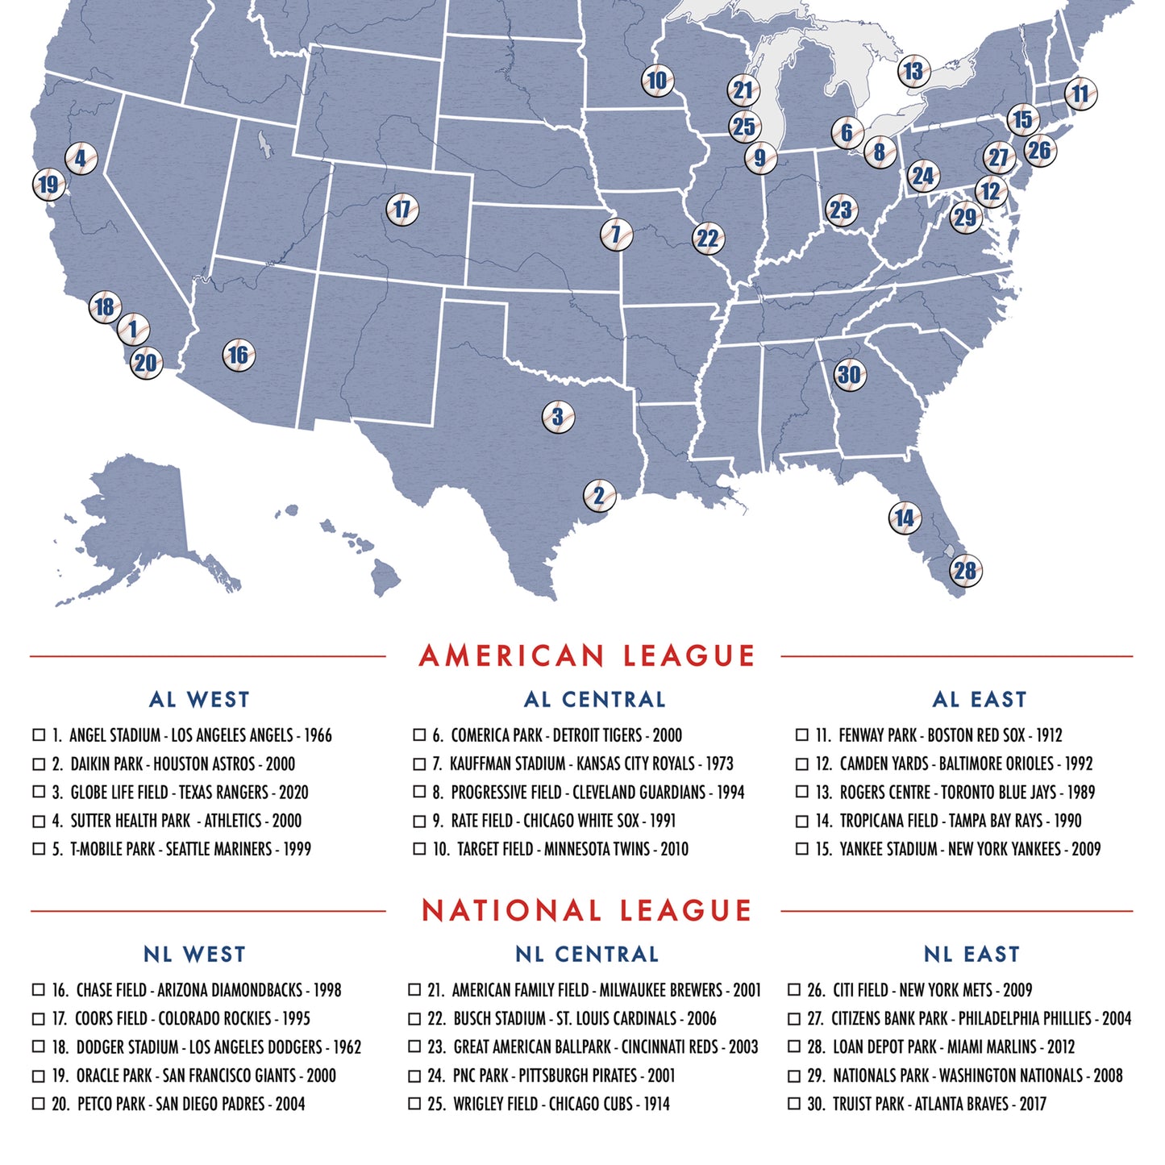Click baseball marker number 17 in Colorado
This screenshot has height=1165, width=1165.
[402, 210]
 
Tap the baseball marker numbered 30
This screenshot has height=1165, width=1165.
[849, 374]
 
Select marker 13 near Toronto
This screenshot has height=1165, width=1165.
[913, 72]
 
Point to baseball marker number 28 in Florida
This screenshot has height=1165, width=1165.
[965, 571]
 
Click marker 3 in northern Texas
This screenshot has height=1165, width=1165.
[558, 417]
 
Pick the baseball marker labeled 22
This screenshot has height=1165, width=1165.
[708, 239]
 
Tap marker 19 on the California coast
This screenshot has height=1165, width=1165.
[48, 185]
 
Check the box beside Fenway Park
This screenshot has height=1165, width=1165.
[801, 734]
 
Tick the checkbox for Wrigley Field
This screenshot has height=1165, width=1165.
[414, 1103]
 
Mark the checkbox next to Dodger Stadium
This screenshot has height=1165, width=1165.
[38, 1046]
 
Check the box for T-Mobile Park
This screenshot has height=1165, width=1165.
[38, 848]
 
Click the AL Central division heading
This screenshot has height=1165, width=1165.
[594, 699]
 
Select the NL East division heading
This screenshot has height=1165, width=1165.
[972, 954]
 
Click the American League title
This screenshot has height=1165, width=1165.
[586, 655]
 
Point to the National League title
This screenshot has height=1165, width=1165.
[586, 911]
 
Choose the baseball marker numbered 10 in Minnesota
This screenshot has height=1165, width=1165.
[657, 81]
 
